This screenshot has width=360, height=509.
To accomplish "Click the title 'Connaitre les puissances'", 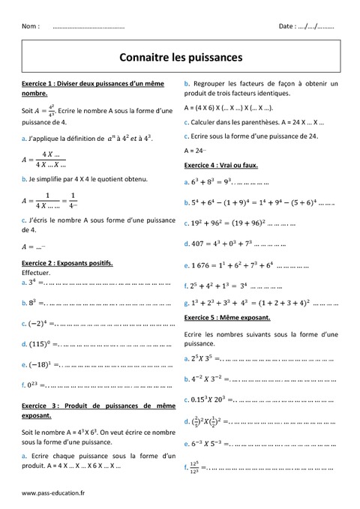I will point(180,55).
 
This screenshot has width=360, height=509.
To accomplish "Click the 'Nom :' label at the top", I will point(31,25).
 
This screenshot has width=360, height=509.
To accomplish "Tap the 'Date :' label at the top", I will point(286,25).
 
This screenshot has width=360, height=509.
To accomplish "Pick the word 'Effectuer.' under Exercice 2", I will point(37,274).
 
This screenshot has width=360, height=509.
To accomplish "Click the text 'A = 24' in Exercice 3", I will point(194,150).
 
